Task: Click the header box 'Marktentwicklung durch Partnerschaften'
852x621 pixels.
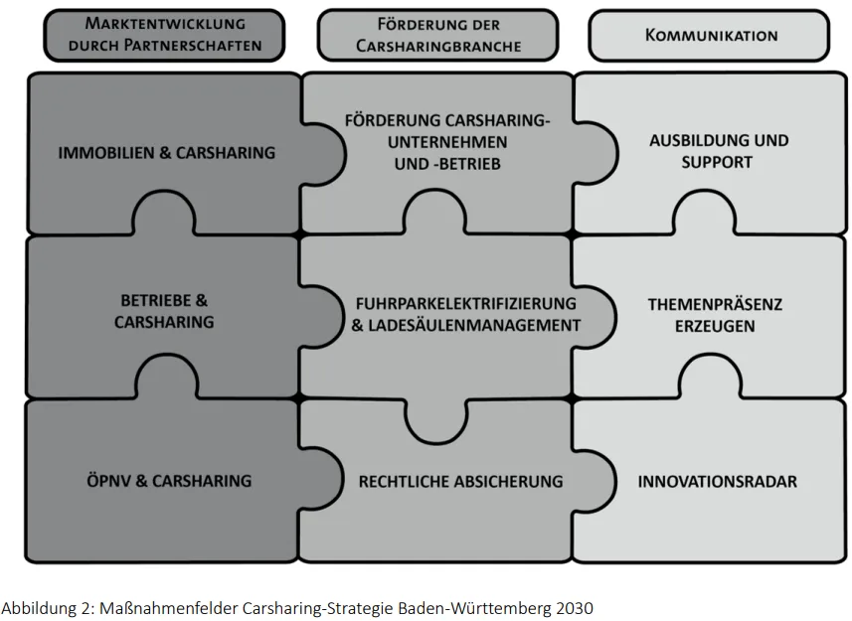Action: point(164,36)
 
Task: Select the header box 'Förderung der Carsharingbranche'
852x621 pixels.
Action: point(438,36)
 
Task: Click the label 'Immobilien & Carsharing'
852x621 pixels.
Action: point(167,153)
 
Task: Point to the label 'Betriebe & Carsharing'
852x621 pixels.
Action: point(164,311)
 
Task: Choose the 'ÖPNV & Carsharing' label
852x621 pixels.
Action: point(169,481)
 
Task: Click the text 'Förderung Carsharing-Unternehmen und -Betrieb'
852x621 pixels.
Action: point(447,142)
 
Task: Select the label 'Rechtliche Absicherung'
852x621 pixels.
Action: point(460,482)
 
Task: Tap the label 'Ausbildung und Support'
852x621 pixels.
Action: point(719,151)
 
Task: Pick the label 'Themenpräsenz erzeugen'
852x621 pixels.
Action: point(715,315)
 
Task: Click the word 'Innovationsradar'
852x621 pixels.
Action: point(717,482)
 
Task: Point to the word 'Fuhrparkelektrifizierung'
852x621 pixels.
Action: point(466,303)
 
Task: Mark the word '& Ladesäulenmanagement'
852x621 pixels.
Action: point(466,325)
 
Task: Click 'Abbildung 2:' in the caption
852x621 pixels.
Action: point(48,608)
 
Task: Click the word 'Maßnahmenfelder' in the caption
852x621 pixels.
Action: point(169,607)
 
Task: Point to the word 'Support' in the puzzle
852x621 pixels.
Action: point(717,162)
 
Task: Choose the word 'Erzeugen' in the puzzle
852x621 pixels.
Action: point(715,326)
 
